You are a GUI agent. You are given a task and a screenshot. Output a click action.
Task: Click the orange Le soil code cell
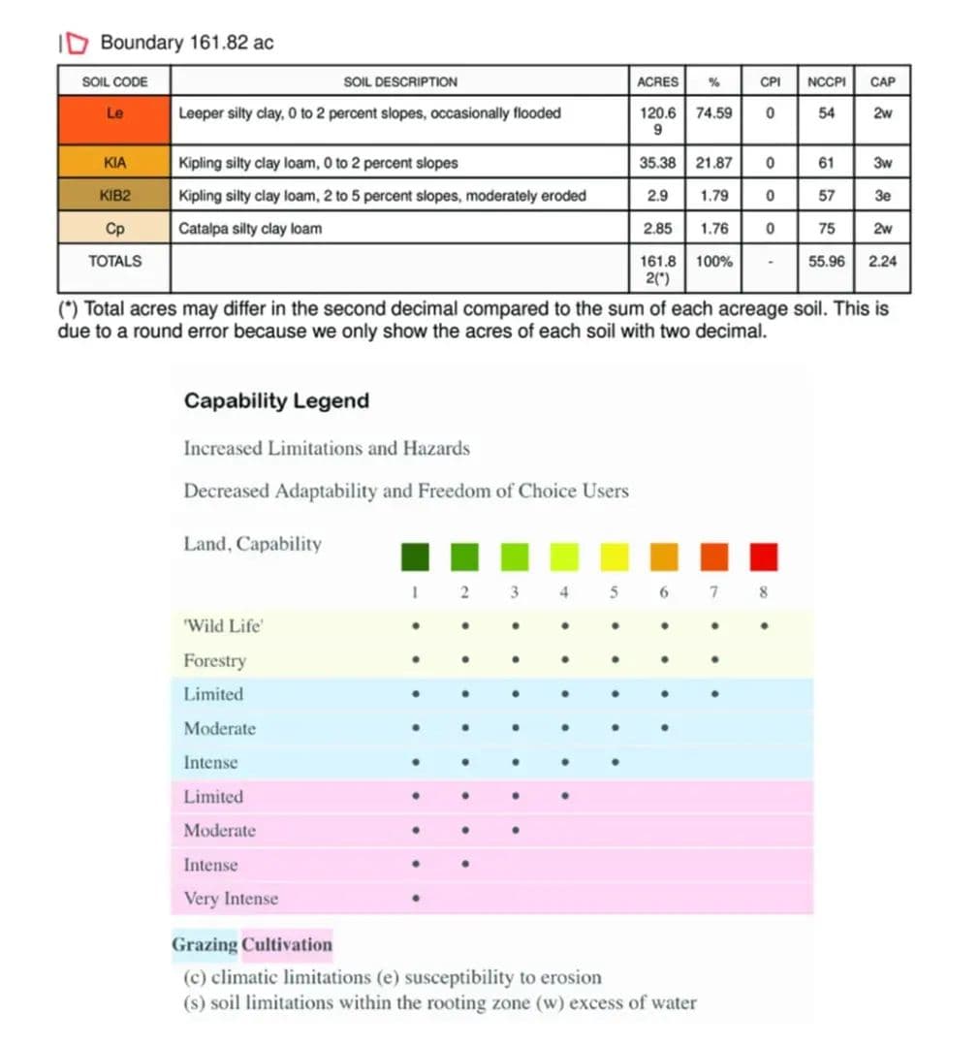(x=114, y=113)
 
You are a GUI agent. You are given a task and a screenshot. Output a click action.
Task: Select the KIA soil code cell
(x=114, y=163)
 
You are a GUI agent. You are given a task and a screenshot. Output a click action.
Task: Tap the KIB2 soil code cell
(x=114, y=196)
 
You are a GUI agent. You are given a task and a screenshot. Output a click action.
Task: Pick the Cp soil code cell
(x=114, y=229)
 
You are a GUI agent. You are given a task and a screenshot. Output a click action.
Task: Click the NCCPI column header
(x=826, y=81)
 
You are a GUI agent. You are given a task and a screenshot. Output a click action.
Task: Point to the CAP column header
(x=882, y=81)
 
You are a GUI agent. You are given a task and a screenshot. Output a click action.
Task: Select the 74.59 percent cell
(x=714, y=113)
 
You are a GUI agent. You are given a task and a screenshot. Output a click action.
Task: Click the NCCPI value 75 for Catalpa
(x=826, y=229)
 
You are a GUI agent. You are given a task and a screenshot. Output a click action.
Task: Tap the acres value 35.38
(x=658, y=163)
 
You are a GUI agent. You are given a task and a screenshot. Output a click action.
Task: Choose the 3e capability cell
(x=882, y=196)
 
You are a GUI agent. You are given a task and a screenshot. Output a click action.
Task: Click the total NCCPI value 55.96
(x=826, y=262)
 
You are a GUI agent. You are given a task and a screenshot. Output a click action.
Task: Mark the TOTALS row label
(x=114, y=262)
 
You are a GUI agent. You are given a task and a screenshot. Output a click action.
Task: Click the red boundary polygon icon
(x=79, y=43)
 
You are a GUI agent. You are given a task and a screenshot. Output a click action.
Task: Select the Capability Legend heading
(x=276, y=401)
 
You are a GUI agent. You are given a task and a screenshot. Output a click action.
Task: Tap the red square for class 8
(x=764, y=557)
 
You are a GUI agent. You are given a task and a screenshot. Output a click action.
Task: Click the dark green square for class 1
(x=415, y=557)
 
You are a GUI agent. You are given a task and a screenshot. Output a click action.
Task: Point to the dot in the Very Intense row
(x=415, y=899)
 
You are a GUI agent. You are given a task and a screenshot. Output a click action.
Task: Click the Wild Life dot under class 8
(x=764, y=626)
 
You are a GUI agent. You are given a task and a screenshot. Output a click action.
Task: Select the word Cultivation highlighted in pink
(x=287, y=945)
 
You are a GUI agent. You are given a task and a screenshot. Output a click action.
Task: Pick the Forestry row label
(x=215, y=661)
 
